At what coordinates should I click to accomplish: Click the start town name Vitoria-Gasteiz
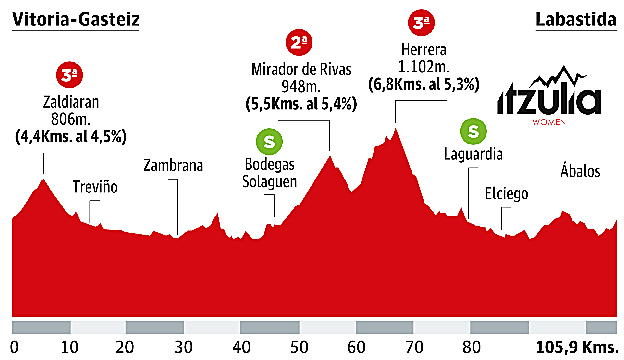[x=76, y=20]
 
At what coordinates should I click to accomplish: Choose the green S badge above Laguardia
[x=472, y=130]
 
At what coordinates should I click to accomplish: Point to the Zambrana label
[x=173, y=167]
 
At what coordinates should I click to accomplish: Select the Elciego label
[x=506, y=193]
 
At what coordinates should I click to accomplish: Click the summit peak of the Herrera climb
[x=396, y=128]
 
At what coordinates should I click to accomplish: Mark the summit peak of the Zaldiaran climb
[x=42, y=180]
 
